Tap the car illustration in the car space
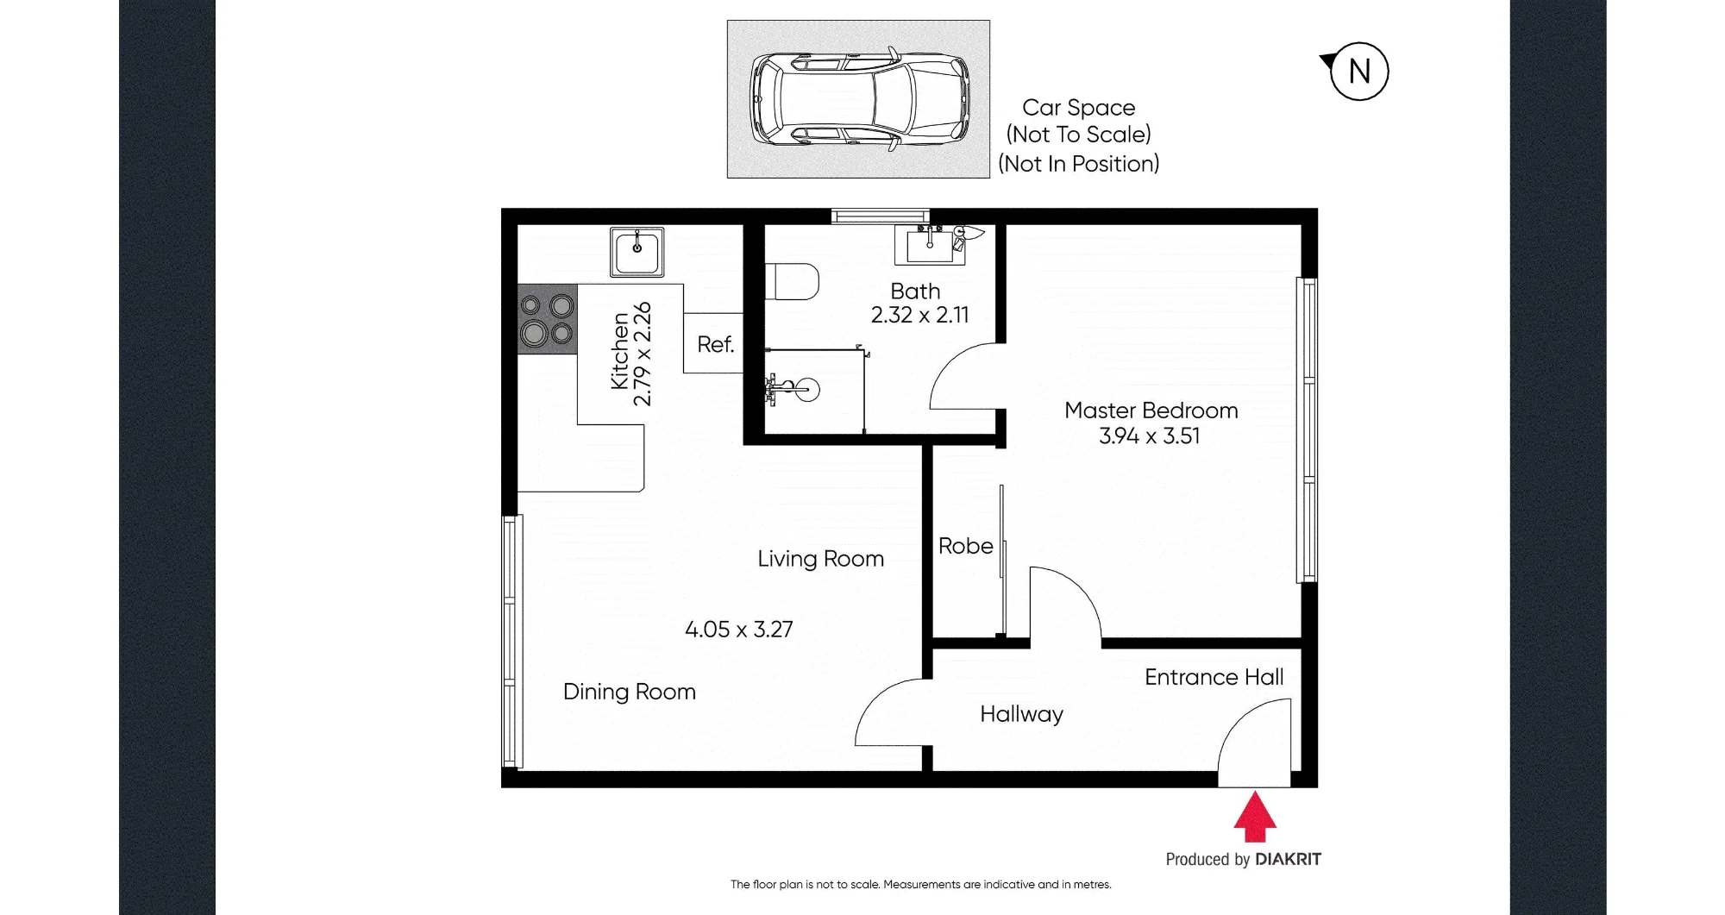[x=859, y=100]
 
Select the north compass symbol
[x=1355, y=71]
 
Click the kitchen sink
[x=637, y=252]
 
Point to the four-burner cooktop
[x=547, y=319]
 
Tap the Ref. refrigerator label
[x=716, y=345]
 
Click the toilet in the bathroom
[x=792, y=281]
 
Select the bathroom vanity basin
[x=930, y=244]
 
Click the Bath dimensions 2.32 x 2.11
[x=920, y=316]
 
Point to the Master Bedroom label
[x=1151, y=410]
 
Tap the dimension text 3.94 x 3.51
[x=1150, y=436]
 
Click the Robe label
[x=966, y=546]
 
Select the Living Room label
[x=821, y=559]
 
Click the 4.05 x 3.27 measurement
[x=739, y=630]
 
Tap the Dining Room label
[x=630, y=692]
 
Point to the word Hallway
[x=1022, y=715]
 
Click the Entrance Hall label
[x=1214, y=678]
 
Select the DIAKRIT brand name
[x=1289, y=859]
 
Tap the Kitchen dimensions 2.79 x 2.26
[x=643, y=354]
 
